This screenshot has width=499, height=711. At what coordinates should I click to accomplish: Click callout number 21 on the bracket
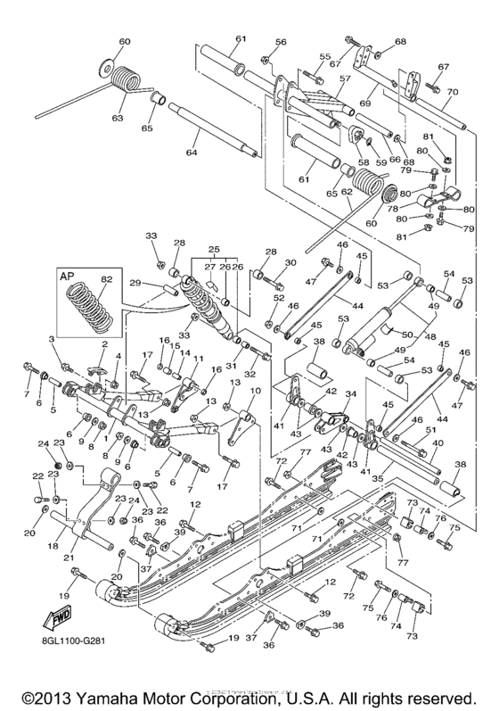[70, 556]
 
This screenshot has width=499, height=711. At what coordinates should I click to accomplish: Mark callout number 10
[254, 391]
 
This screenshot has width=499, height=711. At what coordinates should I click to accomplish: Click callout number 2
[104, 343]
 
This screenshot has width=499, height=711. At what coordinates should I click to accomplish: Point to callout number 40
[437, 442]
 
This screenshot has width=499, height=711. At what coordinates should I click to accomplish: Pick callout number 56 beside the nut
[281, 42]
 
